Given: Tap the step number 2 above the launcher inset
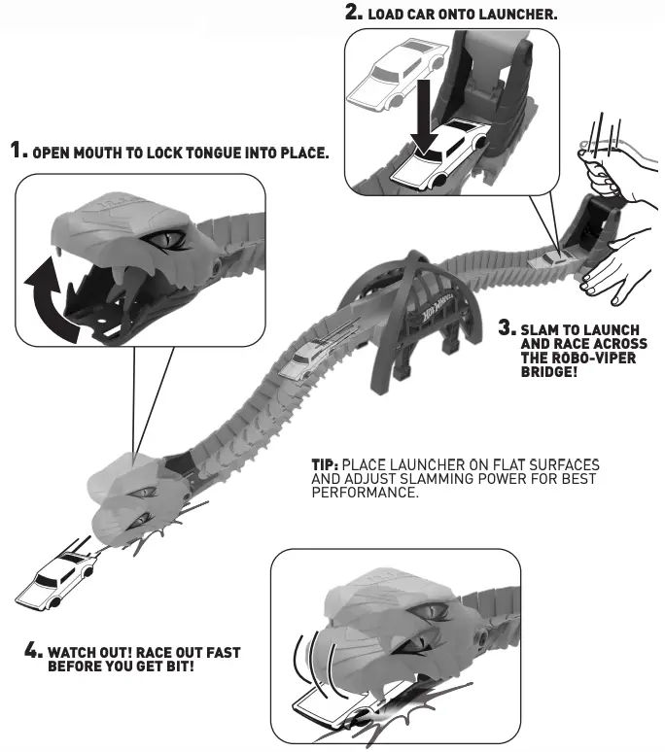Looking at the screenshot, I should [x=354, y=14].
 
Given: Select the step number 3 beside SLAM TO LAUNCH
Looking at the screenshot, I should [x=506, y=328].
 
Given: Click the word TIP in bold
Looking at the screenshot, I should [x=324, y=465].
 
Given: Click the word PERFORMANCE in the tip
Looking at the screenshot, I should [x=365, y=494].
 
